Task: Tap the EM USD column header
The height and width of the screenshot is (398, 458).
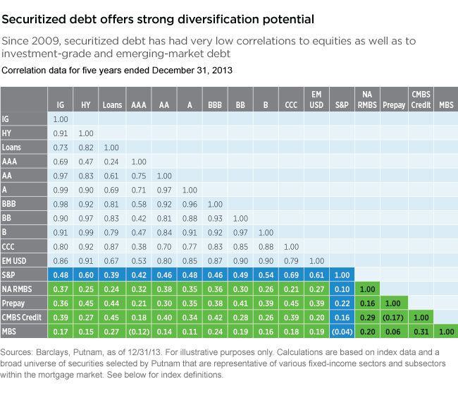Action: pos(316,99)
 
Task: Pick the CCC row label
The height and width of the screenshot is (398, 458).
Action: pos(11,246)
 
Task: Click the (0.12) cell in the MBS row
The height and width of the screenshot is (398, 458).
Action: pos(137,331)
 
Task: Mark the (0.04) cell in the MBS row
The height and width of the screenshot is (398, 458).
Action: pos(341,331)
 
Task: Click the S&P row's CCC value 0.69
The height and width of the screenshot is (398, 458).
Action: pos(290,274)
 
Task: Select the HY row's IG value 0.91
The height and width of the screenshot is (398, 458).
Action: pos(61,133)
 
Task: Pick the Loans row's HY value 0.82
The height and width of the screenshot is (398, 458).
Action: pos(86,147)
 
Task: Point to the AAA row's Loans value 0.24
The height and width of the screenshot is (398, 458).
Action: pos(111,161)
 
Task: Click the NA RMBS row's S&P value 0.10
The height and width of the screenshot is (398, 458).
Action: pos(341,289)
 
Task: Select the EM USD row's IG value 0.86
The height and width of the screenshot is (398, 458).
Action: pos(61,260)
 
